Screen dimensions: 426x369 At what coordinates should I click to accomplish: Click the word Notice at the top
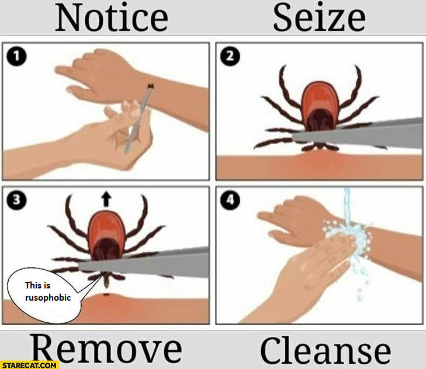(112, 18)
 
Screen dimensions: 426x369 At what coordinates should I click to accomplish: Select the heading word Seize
(319, 18)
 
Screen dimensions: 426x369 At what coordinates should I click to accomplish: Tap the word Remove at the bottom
(107, 349)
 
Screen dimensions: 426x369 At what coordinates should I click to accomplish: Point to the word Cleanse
(325, 350)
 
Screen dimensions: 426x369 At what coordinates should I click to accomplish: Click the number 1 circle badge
(16, 57)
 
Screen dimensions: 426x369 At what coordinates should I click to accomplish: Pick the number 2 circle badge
(230, 57)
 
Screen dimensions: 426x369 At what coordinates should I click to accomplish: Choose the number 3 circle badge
(16, 200)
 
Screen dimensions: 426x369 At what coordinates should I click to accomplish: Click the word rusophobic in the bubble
(48, 298)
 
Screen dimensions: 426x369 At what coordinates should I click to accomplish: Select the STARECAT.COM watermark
(29, 365)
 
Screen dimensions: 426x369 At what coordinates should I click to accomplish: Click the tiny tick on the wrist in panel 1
(150, 86)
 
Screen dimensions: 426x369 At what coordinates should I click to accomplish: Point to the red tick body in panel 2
(321, 106)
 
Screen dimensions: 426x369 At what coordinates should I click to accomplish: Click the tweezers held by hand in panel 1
(137, 120)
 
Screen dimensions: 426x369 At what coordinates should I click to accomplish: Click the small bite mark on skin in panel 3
(106, 294)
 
